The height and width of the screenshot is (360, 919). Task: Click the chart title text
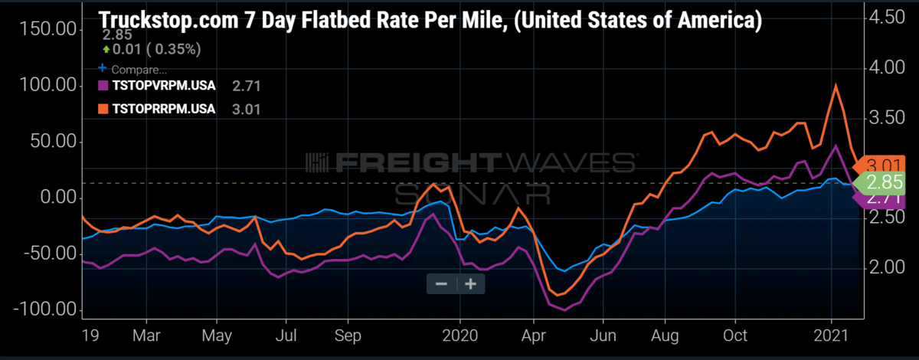click(x=430, y=20)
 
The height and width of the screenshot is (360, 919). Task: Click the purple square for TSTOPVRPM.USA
click(x=103, y=85)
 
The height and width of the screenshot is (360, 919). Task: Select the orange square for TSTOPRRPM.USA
click(x=103, y=109)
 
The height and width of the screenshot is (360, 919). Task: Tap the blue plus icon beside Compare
click(x=102, y=67)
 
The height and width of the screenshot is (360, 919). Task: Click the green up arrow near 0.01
click(x=106, y=50)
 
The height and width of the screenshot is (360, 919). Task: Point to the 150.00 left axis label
click(x=47, y=29)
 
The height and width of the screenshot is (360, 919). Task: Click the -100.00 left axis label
click(x=45, y=309)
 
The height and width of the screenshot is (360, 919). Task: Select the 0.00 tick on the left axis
click(x=58, y=198)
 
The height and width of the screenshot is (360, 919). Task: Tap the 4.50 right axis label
click(x=887, y=18)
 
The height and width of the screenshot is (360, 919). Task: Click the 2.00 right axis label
click(x=887, y=267)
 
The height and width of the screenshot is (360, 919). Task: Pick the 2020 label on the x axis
click(x=460, y=335)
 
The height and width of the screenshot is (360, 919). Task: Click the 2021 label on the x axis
click(x=831, y=335)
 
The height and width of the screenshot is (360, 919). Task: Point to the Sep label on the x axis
click(x=348, y=335)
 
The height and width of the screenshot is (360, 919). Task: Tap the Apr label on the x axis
click(x=533, y=335)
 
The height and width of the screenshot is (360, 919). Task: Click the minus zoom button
click(x=441, y=283)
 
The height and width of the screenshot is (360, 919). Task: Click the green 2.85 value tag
click(x=879, y=182)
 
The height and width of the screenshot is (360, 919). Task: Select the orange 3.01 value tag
click(x=879, y=165)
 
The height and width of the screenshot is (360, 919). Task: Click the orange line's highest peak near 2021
click(x=836, y=85)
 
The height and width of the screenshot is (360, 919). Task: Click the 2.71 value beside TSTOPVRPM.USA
click(x=246, y=86)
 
